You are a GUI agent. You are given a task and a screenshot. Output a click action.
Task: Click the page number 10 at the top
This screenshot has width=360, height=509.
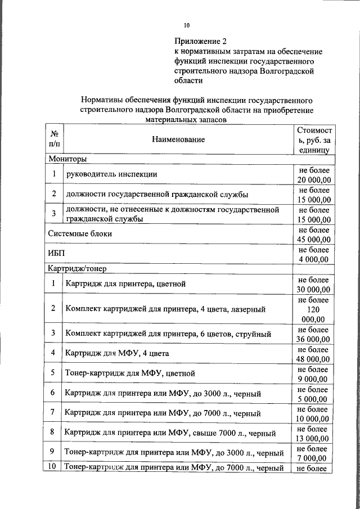click(x=187, y=25)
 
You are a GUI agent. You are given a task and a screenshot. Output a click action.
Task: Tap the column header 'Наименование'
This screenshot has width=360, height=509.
click(x=177, y=138)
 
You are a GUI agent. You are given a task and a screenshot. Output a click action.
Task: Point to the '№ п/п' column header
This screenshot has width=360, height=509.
click(x=55, y=139)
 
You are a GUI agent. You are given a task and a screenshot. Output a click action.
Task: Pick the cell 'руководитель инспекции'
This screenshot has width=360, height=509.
click(x=111, y=174)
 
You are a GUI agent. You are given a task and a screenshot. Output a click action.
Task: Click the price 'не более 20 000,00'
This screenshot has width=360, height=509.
click(x=314, y=174)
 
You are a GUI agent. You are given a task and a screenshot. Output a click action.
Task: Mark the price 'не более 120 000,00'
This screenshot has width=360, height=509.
click(x=314, y=309)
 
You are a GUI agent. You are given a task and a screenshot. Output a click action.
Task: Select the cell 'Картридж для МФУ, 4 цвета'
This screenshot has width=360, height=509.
click(x=117, y=353)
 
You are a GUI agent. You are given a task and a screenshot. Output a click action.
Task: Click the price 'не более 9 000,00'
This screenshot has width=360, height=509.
click(x=314, y=374)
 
